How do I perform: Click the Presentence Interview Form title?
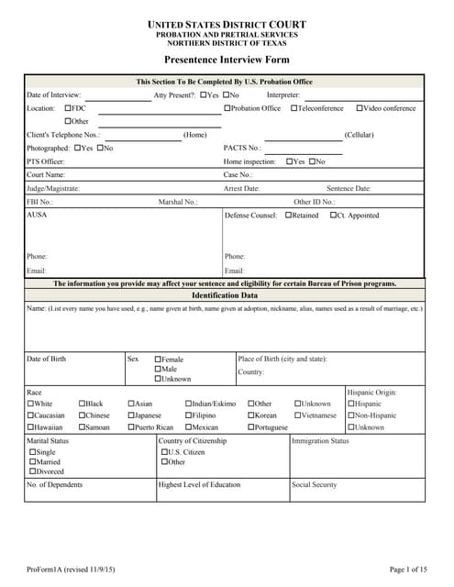coord(227,60)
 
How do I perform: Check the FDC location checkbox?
coord(68,108)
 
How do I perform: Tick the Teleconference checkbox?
coord(294,108)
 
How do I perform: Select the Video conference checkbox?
coord(360,108)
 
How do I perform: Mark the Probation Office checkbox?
coord(227,108)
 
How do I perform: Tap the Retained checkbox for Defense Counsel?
coord(289,216)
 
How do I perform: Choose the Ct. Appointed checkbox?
coord(333,216)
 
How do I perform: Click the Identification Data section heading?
coord(225,296)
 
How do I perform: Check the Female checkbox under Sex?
coord(159,360)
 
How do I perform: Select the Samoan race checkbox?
coord(83,426)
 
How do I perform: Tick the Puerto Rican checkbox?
coord(132,426)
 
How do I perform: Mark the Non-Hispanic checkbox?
coord(351,415)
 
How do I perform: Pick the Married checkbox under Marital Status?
coord(33,462)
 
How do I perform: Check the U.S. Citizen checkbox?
coord(164,452)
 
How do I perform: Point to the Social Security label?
coord(315,485)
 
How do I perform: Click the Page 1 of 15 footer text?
coord(408,570)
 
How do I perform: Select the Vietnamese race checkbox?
coord(298,415)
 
